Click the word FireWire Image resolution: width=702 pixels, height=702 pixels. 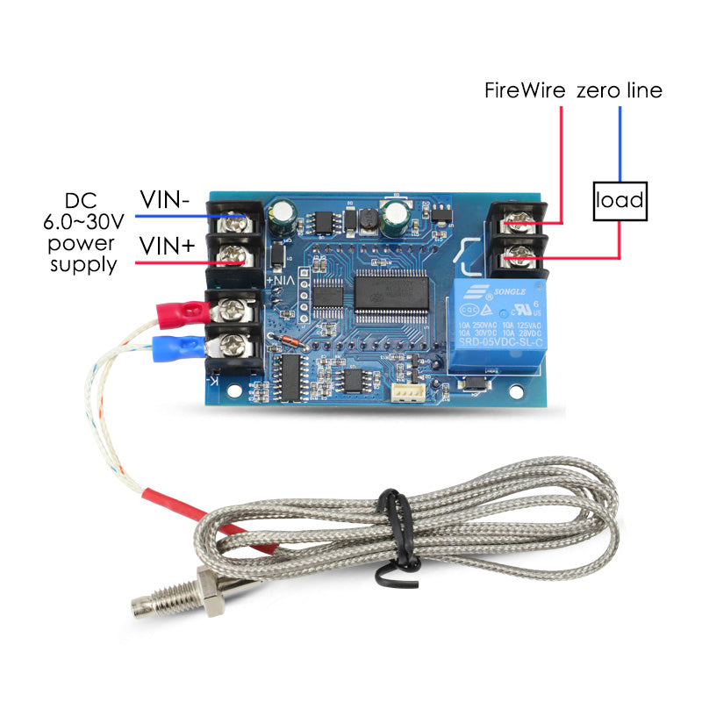525,90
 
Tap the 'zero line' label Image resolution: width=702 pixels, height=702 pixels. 619,90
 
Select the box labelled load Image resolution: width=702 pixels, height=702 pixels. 620,202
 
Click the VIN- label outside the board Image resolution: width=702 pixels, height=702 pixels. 165,200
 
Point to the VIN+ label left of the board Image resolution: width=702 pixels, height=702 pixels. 166,247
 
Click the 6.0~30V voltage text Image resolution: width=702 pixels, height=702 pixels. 83,219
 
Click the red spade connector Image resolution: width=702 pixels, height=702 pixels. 180,311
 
